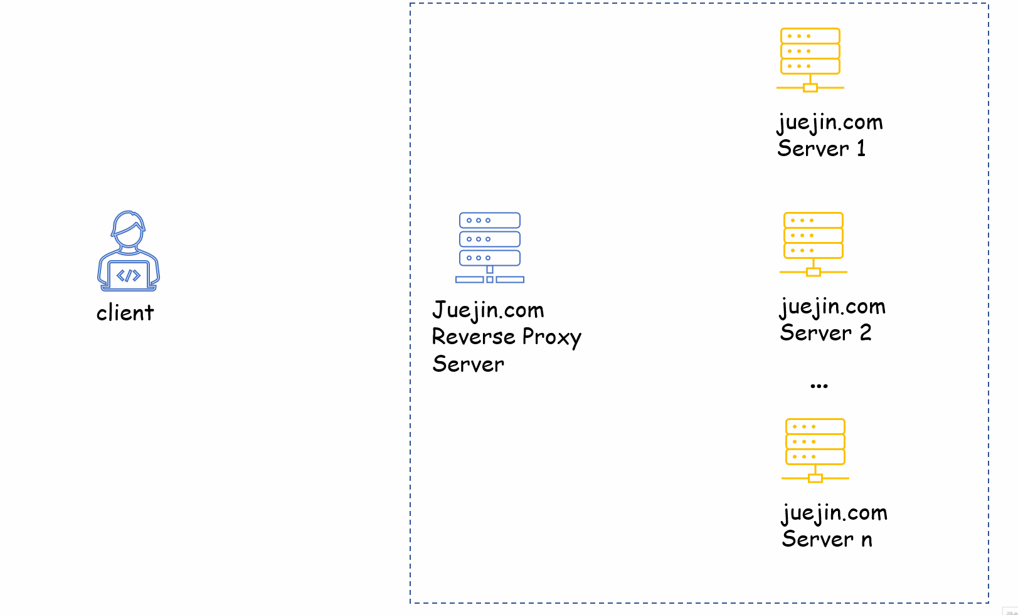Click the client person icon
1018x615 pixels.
click(x=129, y=251)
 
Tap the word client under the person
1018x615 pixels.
click(x=125, y=313)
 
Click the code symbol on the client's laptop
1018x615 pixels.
click(x=129, y=275)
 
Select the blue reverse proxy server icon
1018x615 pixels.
click(x=489, y=248)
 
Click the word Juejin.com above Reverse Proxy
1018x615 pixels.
click(x=488, y=310)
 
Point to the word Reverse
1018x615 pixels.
click(x=474, y=337)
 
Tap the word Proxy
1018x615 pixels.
click(x=551, y=338)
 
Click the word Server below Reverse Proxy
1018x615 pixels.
click(x=468, y=364)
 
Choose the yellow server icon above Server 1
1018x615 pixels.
click(x=810, y=60)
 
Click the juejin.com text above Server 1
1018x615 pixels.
click(x=830, y=122)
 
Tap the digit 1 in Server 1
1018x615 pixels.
click(x=861, y=149)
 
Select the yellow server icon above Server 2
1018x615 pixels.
click(x=813, y=244)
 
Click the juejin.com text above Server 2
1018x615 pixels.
click(x=832, y=307)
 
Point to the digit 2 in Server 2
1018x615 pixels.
click(x=866, y=333)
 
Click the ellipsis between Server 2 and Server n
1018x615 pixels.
click(x=819, y=386)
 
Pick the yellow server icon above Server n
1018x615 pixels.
click(x=815, y=450)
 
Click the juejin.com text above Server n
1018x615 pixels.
click(x=834, y=513)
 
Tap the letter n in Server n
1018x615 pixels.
click(x=867, y=540)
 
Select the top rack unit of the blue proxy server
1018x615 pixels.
click(x=489, y=220)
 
